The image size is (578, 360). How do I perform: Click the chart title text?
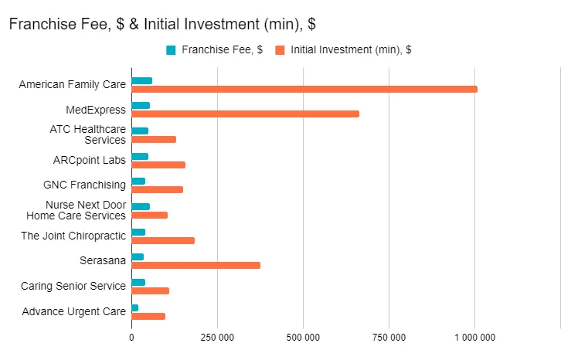click(x=161, y=25)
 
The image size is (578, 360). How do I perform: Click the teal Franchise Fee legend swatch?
click(x=171, y=50)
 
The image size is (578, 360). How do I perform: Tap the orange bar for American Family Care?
click(x=304, y=89)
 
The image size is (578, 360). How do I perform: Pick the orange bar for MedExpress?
click(x=245, y=114)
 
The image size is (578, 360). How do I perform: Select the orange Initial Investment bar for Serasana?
click(x=195, y=265)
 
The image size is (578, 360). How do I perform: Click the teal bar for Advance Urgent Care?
click(x=135, y=307)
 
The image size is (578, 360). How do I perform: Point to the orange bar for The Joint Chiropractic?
click(x=163, y=240)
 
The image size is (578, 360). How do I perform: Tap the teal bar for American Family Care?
click(x=141, y=80)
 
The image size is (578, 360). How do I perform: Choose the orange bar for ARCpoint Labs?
click(x=158, y=165)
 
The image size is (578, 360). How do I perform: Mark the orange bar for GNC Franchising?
click(x=157, y=189)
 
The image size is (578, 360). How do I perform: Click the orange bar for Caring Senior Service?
click(x=150, y=290)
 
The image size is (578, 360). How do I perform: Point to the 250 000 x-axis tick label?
click(x=217, y=337)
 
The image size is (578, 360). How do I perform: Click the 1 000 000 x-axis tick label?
click(x=474, y=337)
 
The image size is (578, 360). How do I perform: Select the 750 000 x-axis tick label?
click(x=389, y=337)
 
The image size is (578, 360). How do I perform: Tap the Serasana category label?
click(x=103, y=260)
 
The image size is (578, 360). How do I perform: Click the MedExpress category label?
click(x=96, y=110)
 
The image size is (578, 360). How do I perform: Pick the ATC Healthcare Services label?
click(x=87, y=134)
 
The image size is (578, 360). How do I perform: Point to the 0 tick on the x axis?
click(x=131, y=337)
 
